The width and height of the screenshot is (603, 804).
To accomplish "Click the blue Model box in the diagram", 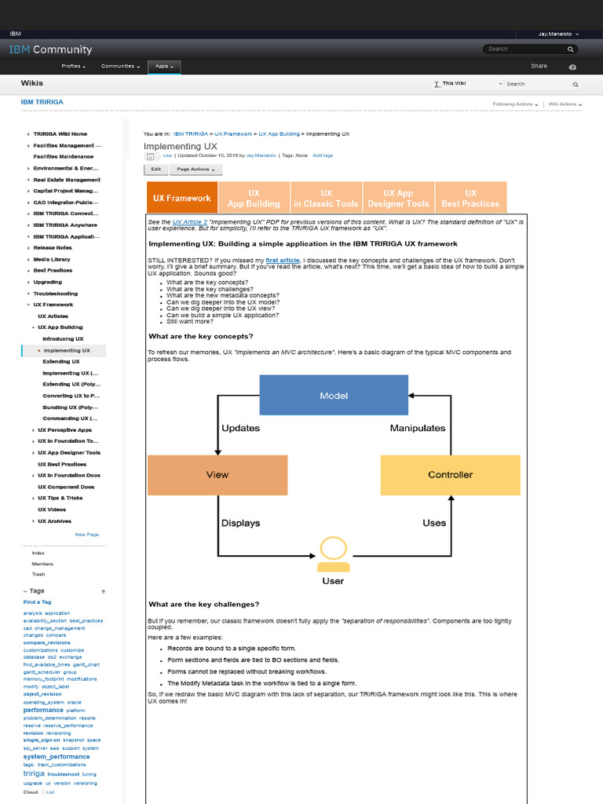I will (333, 395).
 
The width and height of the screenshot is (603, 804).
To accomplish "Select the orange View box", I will (217, 474).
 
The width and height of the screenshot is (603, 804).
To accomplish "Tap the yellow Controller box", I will (450, 474).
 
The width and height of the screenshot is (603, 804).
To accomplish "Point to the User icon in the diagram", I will (333, 556).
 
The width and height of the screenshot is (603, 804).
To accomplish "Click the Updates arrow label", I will (240, 428).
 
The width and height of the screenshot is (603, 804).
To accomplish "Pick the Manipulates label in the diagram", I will (418, 428).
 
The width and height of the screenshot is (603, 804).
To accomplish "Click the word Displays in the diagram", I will (240, 523).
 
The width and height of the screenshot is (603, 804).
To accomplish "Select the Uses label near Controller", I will (434, 523).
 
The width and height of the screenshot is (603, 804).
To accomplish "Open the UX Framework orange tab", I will (182, 198).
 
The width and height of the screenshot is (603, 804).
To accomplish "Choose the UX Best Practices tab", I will (470, 198).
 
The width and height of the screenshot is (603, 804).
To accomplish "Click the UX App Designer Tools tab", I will (398, 198).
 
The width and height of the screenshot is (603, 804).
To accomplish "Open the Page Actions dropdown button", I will (196, 169).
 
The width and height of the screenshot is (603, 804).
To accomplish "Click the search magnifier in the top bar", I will (572, 49).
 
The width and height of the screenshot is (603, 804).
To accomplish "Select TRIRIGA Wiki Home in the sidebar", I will (60, 134).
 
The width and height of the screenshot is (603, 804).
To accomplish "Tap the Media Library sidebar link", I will (52, 259).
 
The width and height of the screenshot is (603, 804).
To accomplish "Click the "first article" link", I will (282, 259).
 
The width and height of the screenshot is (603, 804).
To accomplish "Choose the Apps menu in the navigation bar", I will (164, 67).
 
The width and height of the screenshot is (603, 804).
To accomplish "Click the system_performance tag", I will (57, 757).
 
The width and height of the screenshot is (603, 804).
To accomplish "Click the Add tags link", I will (323, 155).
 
